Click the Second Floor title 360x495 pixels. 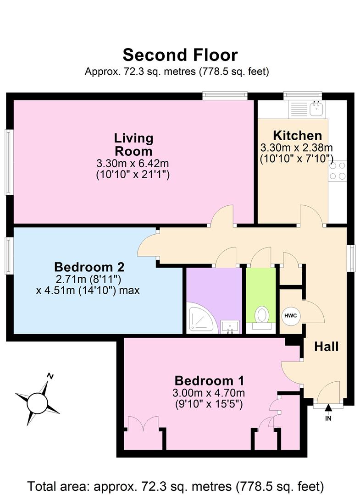(180, 55)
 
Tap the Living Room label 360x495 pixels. (133, 144)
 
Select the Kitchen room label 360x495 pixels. (297, 136)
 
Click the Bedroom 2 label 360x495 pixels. (89, 267)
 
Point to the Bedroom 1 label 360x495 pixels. (209, 380)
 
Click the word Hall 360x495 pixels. (326, 346)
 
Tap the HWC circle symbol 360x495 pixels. (289, 316)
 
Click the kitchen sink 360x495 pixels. (316, 109)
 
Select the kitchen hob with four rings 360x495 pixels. (337, 170)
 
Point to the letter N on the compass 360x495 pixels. (50, 376)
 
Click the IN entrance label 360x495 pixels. (328, 418)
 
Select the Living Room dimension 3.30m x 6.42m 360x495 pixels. (133, 163)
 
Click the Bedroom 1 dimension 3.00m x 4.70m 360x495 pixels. (209, 393)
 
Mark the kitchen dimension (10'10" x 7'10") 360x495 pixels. (296, 159)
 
